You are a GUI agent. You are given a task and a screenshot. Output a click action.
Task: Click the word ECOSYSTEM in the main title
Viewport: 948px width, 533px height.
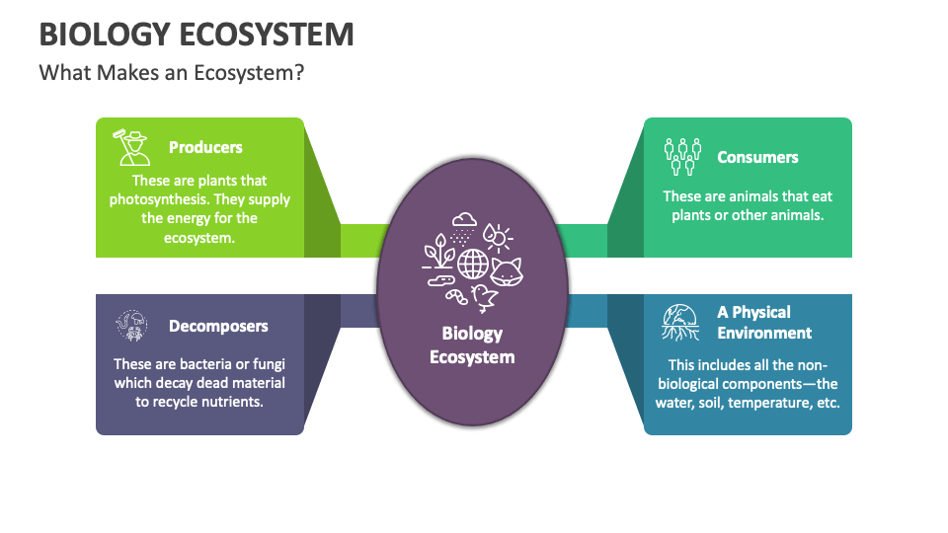(x=268, y=35)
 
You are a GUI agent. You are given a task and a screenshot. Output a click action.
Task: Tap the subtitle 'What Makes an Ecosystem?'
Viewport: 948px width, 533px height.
(x=171, y=74)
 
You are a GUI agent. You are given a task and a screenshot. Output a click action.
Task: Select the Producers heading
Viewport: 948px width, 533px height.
(x=205, y=147)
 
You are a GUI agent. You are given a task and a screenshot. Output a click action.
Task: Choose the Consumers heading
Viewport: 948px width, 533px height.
(x=757, y=157)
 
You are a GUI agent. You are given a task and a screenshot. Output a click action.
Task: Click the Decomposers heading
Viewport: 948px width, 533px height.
(x=218, y=326)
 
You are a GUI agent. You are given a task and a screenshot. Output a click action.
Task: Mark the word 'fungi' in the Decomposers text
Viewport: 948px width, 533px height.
(x=267, y=364)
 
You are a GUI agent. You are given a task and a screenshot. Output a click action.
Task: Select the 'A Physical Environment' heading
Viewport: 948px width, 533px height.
(x=764, y=323)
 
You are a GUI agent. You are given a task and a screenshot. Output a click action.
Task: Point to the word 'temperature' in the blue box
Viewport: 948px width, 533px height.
(x=765, y=403)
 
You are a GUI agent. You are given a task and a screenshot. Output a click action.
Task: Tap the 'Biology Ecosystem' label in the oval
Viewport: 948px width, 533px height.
(x=472, y=345)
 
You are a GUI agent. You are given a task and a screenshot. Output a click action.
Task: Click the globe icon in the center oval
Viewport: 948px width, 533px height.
(x=473, y=264)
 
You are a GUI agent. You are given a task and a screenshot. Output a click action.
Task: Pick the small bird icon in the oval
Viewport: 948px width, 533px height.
(x=484, y=296)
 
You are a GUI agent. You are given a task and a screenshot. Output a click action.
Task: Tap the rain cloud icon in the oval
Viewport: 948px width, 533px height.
(x=463, y=227)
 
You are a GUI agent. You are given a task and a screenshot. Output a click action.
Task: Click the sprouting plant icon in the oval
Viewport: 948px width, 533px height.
(x=437, y=253)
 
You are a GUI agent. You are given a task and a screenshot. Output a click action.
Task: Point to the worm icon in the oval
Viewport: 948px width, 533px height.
(x=455, y=294)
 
